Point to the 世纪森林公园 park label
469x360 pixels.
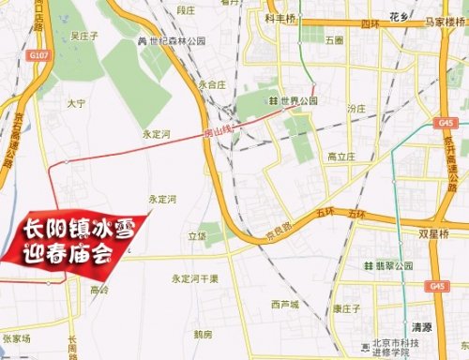[173, 42]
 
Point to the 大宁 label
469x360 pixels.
[76, 102]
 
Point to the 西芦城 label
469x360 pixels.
[283, 305]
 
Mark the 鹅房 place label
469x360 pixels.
[203, 334]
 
